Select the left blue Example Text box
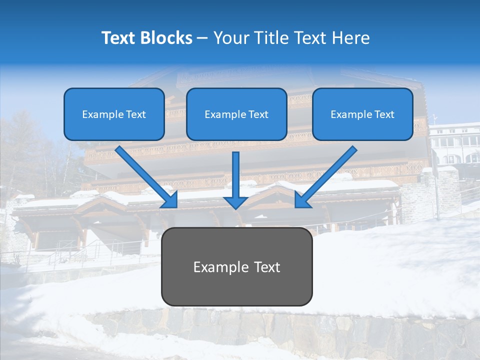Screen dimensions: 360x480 pyautogui.click(x=114, y=114)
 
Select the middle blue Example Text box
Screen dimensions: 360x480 pyautogui.click(x=236, y=114)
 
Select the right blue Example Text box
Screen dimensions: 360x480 pyautogui.click(x=362, y=114)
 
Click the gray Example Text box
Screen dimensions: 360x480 pyautogui.click(x=236, y=266)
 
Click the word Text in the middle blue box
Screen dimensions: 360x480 pyautogui.click(x=258, y=114)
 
